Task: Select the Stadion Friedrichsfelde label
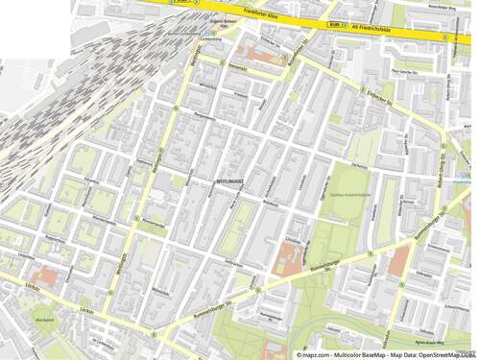(x=349, y=195)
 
